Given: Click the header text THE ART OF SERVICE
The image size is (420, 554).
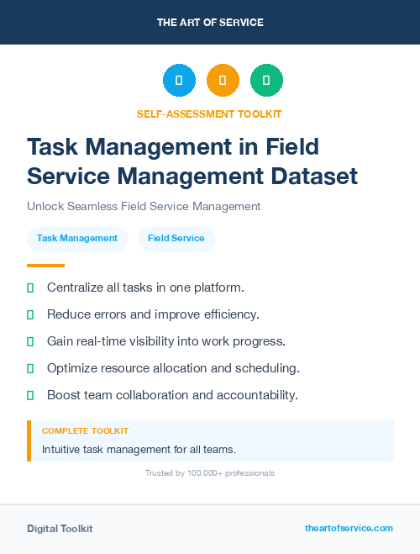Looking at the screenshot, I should point(210,23).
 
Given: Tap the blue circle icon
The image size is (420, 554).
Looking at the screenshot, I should point(179,81).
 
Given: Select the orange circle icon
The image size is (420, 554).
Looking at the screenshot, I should point(223,81).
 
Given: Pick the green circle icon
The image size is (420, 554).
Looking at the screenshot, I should point(266,81).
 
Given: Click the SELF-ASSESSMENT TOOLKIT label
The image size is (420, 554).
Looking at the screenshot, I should point(209,113).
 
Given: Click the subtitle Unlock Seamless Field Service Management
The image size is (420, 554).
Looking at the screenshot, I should point(144,206).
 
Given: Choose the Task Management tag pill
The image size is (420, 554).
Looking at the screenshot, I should point(77,238).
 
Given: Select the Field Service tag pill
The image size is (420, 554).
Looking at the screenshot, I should point(176,238).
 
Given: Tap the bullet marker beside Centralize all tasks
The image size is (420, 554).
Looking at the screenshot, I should point(30,288).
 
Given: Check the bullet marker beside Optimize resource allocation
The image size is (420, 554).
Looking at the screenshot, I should point(30,368).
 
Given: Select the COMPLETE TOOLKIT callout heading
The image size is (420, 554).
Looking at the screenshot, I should point(85,430).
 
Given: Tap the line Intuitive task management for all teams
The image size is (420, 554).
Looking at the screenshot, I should point(139,449).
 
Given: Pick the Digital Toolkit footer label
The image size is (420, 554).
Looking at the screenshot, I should point(60,529).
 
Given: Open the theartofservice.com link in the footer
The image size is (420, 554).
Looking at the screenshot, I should point(349,528).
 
